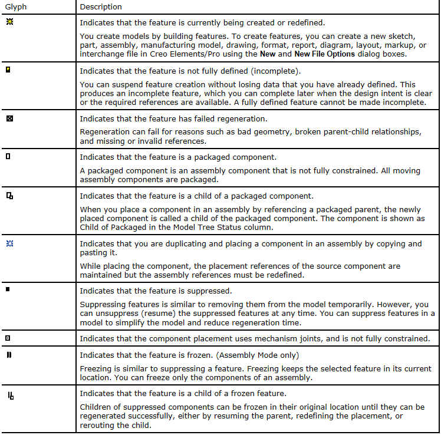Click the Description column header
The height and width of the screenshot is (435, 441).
(101, 7)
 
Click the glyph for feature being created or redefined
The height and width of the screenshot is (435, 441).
(9, 22)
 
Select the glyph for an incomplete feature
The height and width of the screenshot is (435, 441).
(8, 70)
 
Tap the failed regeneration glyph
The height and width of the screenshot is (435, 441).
(9, 118)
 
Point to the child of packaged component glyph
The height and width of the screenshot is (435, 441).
(9, 196)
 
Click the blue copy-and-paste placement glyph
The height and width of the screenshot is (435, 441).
(9, 243)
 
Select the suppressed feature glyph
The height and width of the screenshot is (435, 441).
(8, 290)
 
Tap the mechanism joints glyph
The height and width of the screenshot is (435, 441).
(8, 338)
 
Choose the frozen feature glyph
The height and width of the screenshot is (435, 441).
(9, 355)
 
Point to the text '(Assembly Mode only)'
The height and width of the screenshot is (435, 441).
(260, 355)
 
